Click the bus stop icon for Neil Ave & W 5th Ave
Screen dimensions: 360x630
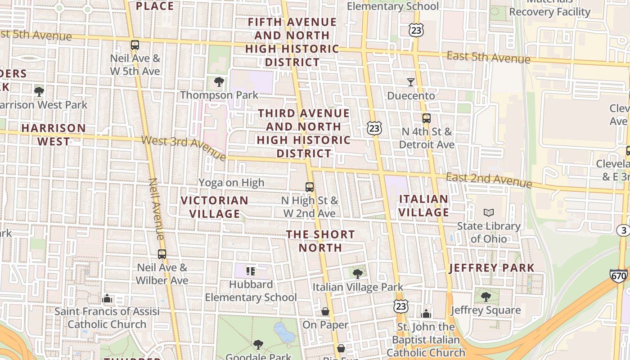[135, 45]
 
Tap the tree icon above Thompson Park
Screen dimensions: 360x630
[219, 82]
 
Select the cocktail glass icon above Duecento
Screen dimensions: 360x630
[410, 82]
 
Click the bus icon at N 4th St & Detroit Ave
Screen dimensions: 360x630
[426, 118]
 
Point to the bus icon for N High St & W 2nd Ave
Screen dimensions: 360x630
[310, 187]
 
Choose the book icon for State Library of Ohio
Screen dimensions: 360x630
[488, 212]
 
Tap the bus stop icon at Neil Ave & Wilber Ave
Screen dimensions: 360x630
[162, 254]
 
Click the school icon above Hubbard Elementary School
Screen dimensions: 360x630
[251, 271]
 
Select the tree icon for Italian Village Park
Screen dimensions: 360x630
[358, 274]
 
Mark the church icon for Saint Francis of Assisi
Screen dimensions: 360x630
[107, 298]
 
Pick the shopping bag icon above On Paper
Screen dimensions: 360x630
[325, 311]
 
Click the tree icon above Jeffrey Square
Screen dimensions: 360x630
[486, 297]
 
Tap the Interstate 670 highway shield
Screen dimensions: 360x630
[619, 275]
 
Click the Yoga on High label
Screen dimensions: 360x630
[231, 183]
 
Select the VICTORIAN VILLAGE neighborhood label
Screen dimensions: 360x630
[215, 207]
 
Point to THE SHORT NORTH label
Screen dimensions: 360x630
[321, 241]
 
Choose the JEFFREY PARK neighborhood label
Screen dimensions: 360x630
[492, 268]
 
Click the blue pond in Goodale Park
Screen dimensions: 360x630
[283, 333]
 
